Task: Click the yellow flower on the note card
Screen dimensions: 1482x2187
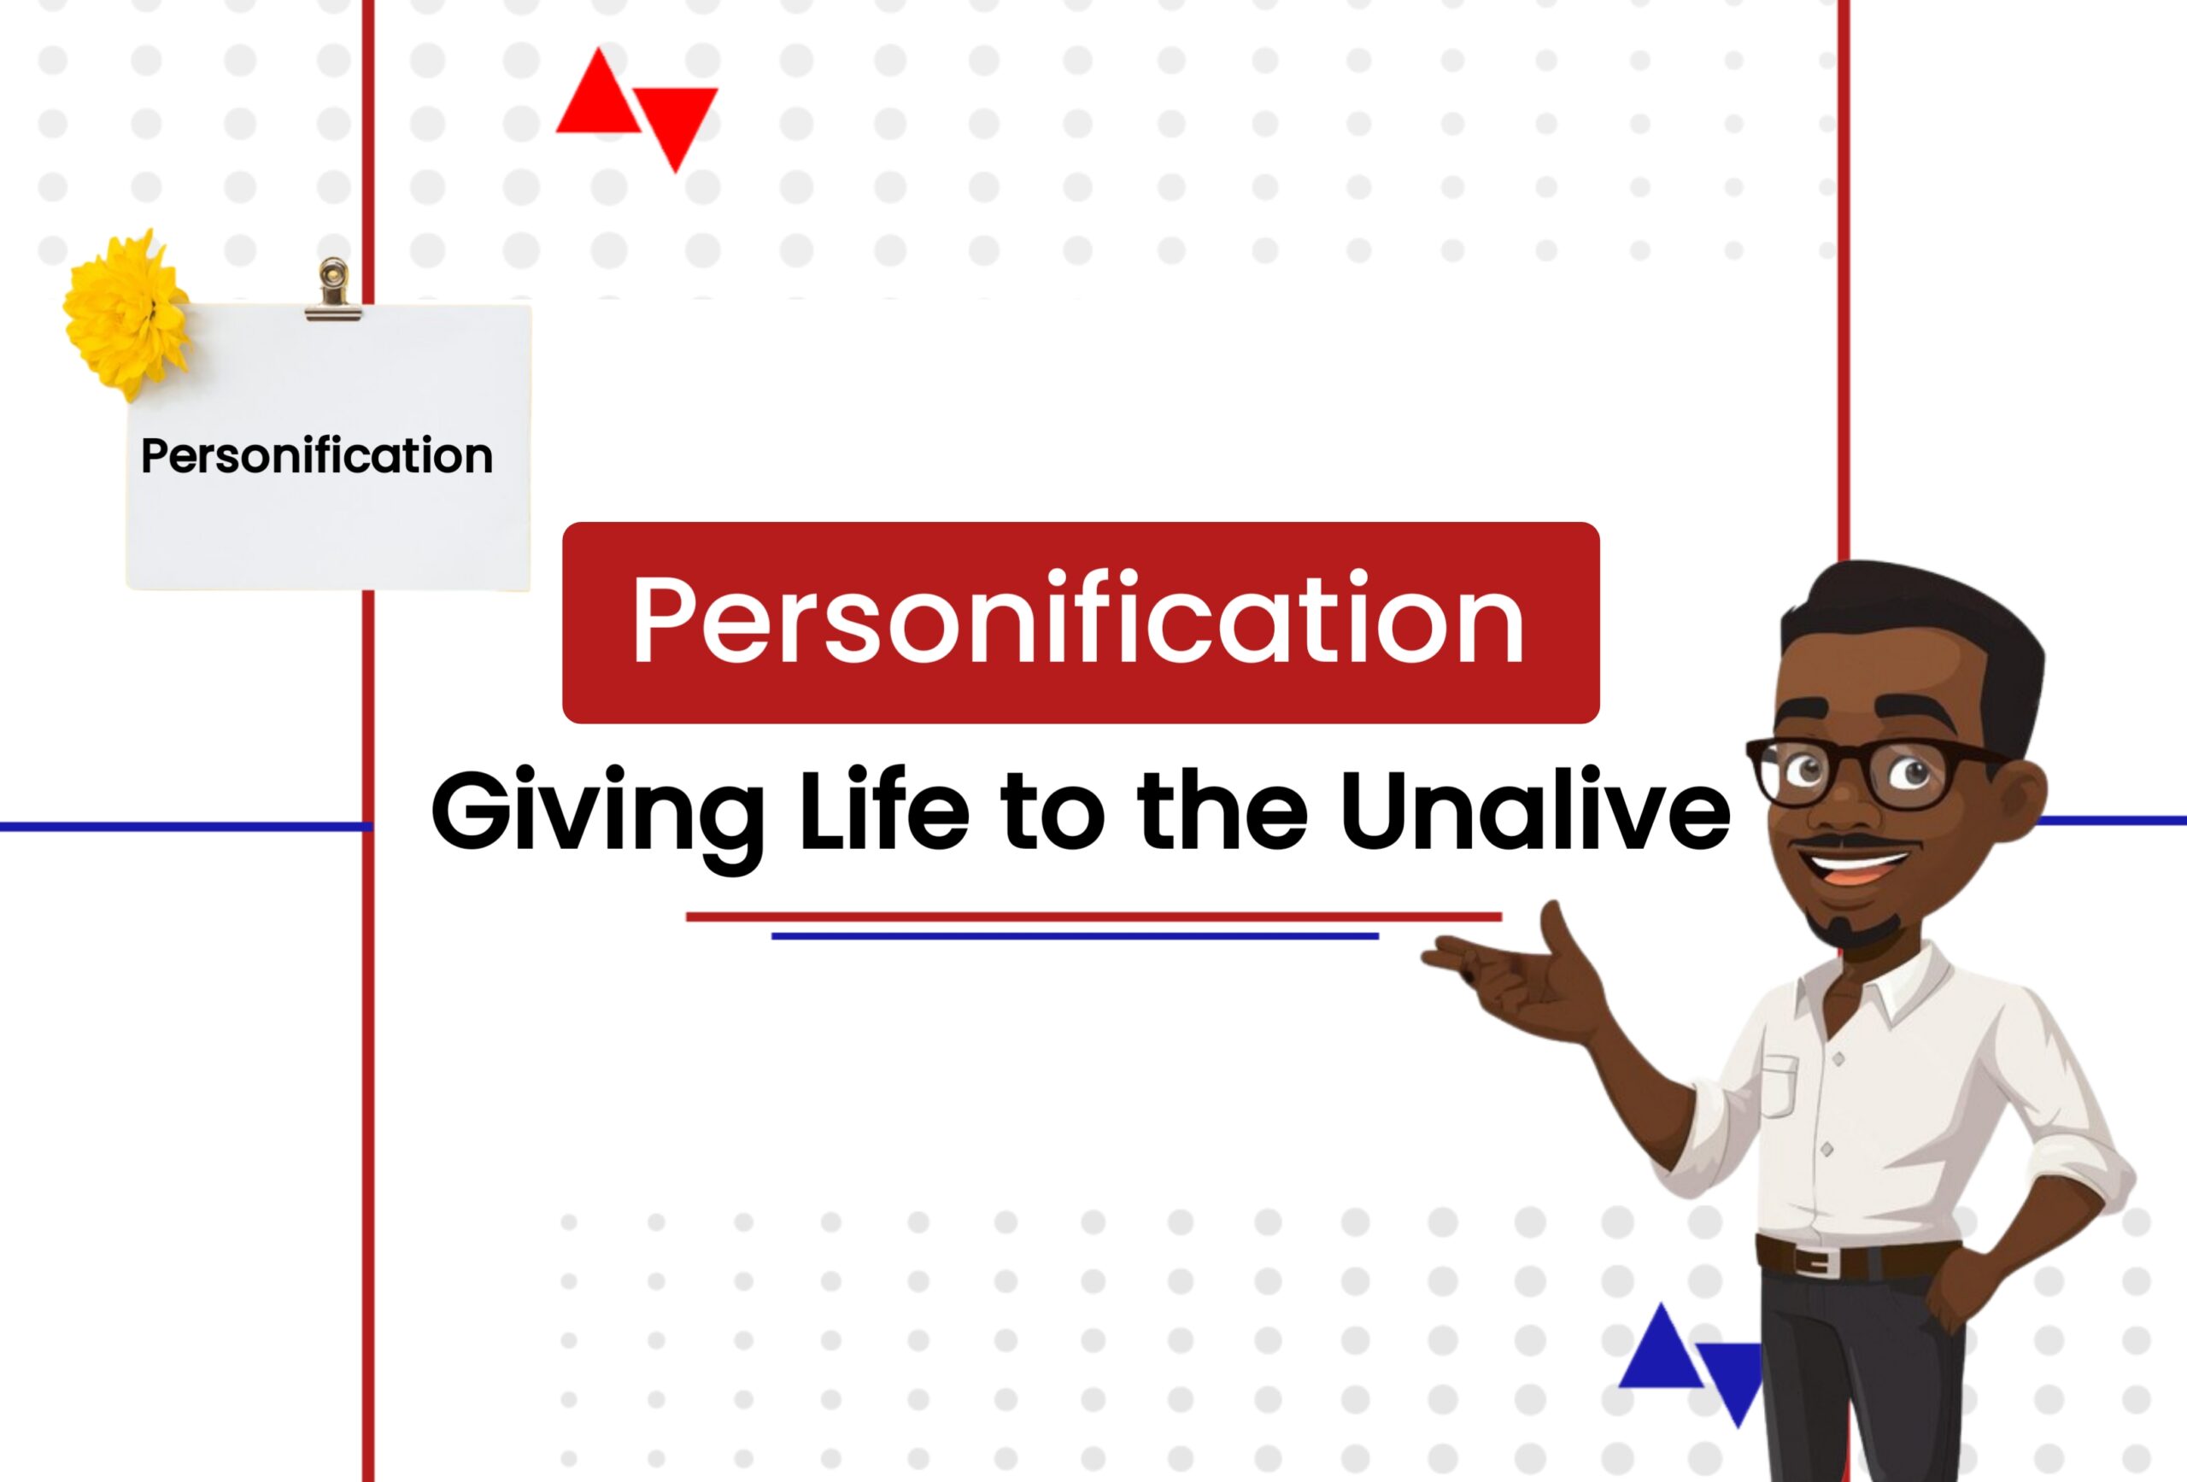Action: point(127,315)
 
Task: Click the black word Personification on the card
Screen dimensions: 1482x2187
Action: point(316,456)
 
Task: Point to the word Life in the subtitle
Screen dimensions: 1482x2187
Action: point(883,809)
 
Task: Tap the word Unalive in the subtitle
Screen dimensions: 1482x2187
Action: point(1534,809)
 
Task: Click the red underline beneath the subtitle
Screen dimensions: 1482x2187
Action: point(1093,917)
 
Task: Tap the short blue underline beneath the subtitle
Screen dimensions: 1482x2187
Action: point(1075,936)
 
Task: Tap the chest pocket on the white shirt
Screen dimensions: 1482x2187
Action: point(1779,1087)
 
